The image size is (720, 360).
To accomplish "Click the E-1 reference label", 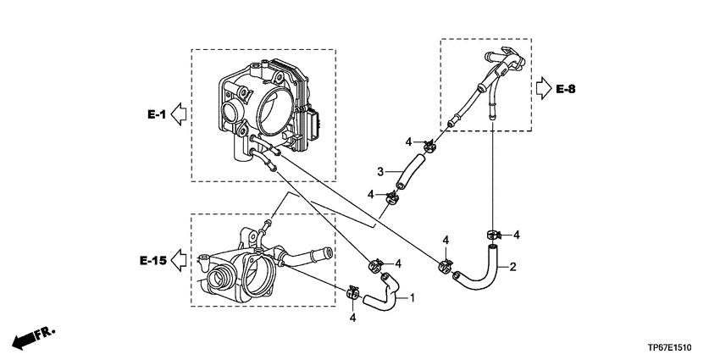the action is click(x=157, y=115).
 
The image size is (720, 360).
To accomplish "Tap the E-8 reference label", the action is click(x=565, y=89).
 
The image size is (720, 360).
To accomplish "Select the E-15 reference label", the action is click(x=153, y=261).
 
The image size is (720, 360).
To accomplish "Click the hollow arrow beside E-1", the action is click(x=178, y=114).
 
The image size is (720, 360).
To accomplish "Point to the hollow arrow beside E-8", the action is click(x=544, y=88).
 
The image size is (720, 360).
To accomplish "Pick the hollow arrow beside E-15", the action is click(x=178, y=260).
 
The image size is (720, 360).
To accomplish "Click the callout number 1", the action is click(x=412, y=297).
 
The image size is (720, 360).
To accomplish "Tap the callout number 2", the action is click(x=513, y=267).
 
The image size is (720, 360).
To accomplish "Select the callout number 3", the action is click(x=380, y=172).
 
